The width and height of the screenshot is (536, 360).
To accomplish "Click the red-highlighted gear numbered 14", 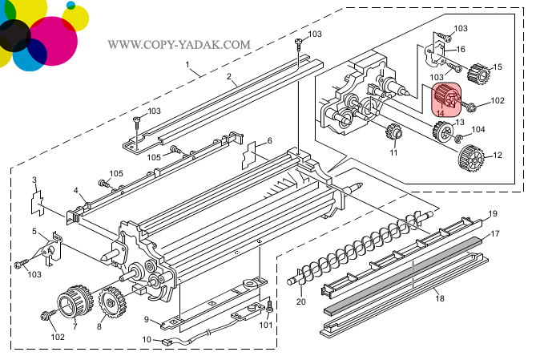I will tap(446, 98).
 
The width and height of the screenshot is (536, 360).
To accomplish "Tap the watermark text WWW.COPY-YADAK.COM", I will tap(179, 45).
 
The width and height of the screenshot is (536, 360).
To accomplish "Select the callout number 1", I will tap(187, 63).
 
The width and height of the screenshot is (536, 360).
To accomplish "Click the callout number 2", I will tap(229, 78).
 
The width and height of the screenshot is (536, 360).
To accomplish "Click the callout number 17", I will tap(496, 233).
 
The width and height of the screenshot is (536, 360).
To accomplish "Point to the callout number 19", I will tap(494, 213).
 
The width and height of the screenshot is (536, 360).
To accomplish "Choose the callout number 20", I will tap(301, 301).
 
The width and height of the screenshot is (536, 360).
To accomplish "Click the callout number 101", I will tap(265, 325).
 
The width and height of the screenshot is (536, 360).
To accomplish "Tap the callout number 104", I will tap(478, 129).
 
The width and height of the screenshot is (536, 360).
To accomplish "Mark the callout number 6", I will tap(269, 141).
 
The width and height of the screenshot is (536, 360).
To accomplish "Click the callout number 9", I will tap(147, 320).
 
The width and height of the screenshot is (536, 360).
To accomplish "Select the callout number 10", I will tap(147, 339).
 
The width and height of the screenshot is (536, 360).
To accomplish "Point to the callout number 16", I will tap(460, 49).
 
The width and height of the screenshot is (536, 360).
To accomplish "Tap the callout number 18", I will tap(438, 298).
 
